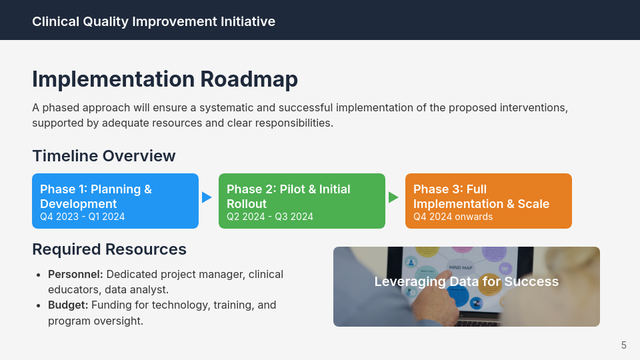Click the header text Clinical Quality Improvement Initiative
153,21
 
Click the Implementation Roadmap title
165,79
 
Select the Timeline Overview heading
103,156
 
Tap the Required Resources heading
109,249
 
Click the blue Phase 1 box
115,201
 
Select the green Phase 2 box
302,201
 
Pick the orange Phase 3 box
489,201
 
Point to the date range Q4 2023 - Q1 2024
82,217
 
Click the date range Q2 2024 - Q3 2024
269,217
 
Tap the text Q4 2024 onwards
453,217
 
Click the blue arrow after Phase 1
207,197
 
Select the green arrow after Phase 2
393,197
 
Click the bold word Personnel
75,274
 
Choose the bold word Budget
67,305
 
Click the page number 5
623,345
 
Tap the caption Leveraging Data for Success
466,281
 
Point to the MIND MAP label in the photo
461,267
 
